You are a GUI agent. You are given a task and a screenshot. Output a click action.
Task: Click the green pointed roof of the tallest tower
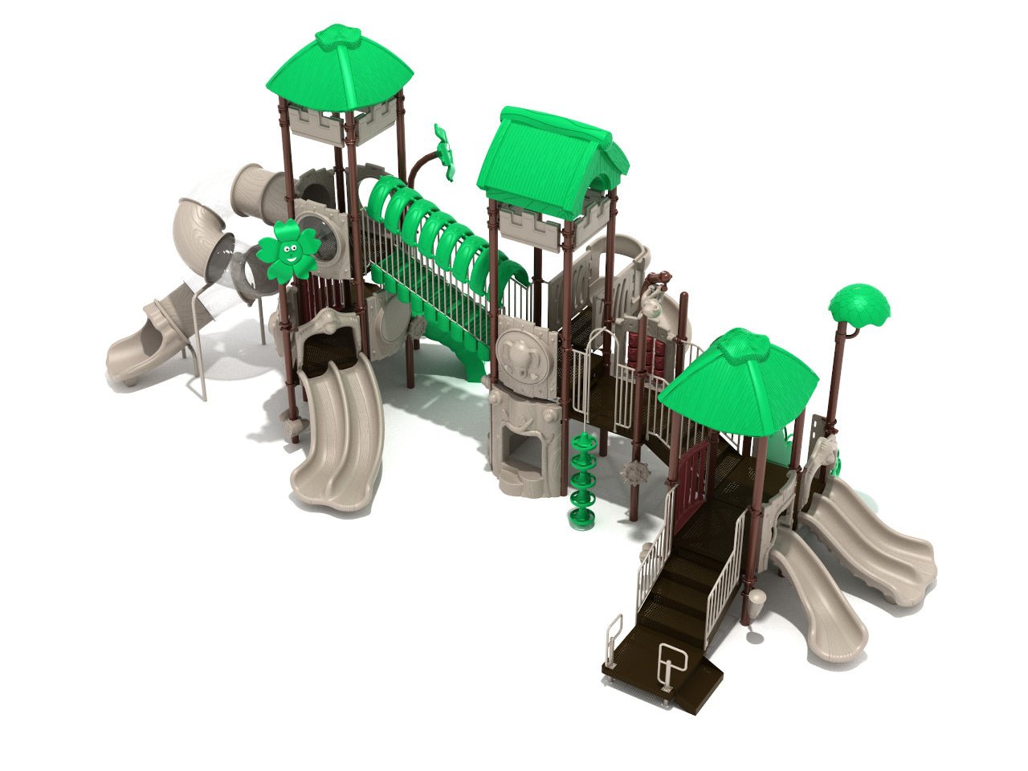point(340,68)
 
